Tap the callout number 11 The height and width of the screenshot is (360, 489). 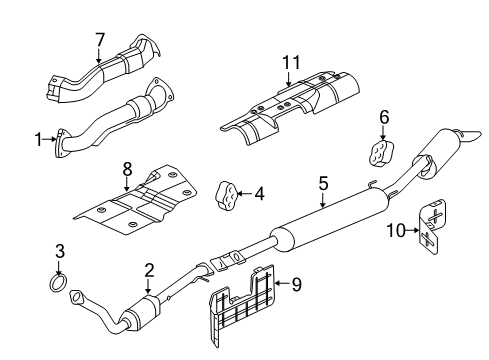59,250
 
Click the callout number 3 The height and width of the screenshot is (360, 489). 323,184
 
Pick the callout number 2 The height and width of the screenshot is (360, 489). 384,116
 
